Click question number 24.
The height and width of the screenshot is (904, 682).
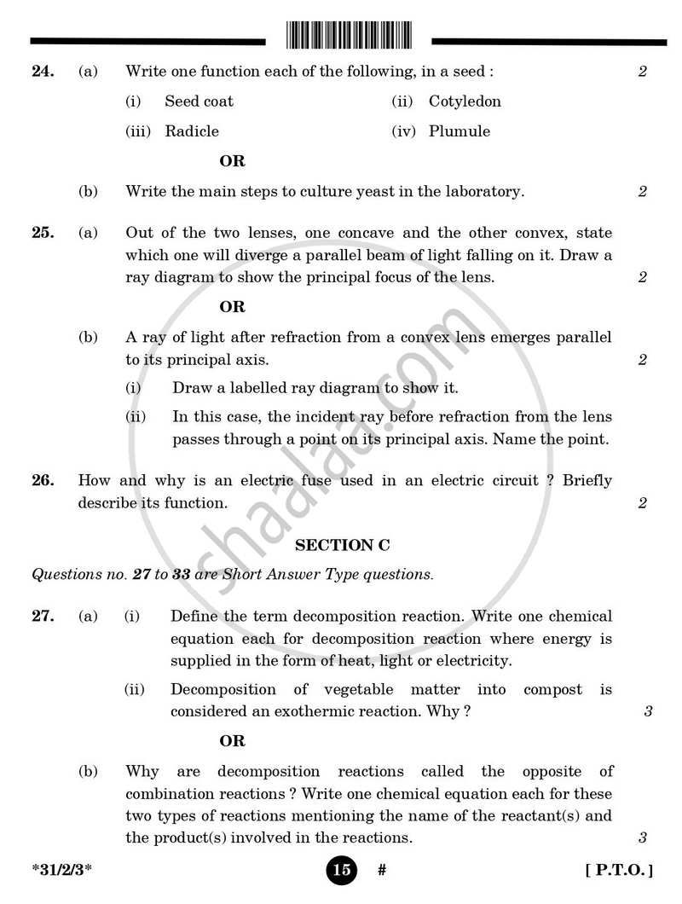point(43,72)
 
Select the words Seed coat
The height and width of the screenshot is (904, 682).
point(199,101)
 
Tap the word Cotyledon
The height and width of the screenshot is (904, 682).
point(465,101)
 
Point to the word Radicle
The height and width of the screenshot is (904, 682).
point(192,131)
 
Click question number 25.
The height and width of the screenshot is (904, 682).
point(43,233)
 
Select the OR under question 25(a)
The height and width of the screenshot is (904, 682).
point(232,307)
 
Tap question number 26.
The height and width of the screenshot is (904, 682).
point(43,481)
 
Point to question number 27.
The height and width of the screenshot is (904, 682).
point(43,616)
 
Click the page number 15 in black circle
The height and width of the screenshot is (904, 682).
point(340,871)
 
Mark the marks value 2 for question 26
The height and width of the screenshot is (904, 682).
point(642,503)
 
